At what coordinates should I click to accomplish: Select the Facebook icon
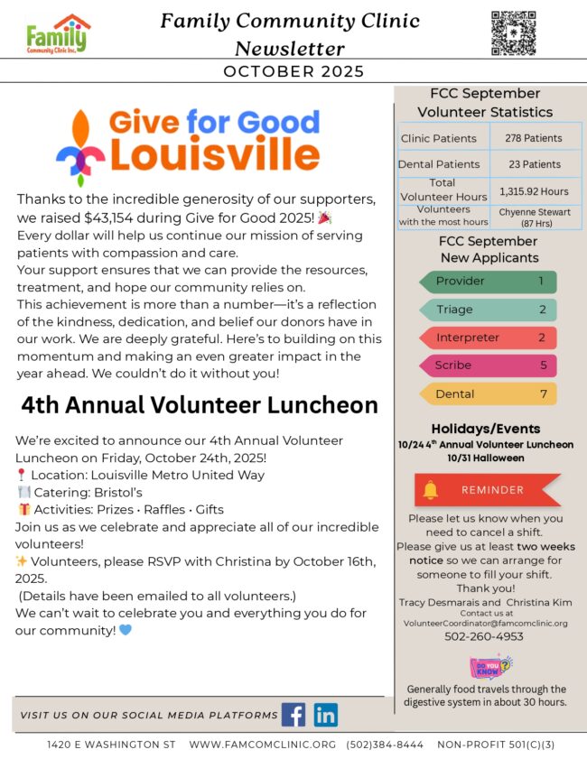[x=293, y=715]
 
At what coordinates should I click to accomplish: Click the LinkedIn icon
[x=326, y=715]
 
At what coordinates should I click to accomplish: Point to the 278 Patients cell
[x=536, y=138]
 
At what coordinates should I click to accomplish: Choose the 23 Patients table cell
[x=536, y=164]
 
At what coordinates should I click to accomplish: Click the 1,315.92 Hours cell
[x=536, y=191]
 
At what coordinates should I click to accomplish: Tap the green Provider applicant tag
[x=488, y=282]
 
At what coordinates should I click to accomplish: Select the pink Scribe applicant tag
[x=488, y=366]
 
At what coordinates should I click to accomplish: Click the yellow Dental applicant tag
[x=488, y=394]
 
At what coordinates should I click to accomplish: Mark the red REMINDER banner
[x=488, y=490]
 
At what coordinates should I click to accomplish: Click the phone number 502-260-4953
[x=485, y=636]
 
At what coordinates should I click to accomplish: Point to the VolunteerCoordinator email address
[x=485, y=623]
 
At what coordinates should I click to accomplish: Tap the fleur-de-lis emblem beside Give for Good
[x=80, y=147]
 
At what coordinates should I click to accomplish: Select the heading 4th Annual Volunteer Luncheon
[x=200, y=405]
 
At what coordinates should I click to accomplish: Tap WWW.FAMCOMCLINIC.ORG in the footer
[x=263, y=745]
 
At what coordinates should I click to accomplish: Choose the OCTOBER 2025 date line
[x=293, y=71]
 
